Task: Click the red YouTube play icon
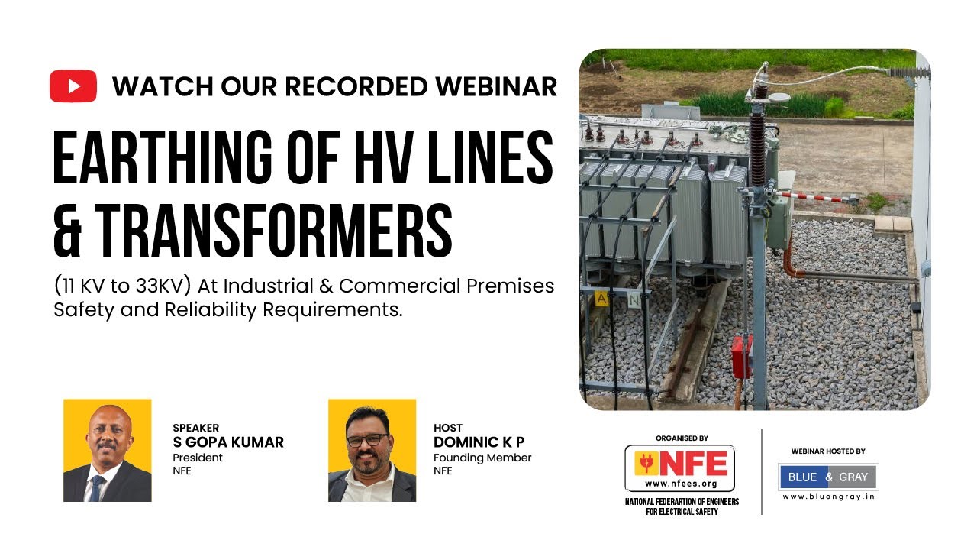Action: tap(73, 86)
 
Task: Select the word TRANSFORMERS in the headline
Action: tap(276, 228)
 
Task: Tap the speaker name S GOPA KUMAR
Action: tap(227, 442)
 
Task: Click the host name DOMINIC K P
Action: tap(479, 442)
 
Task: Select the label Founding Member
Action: tap(482, 458)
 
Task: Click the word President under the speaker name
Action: tap(198, 458)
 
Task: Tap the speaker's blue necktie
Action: tap(96, 487)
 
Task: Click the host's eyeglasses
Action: tap(367, 441)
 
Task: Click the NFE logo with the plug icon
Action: tap(679, 467)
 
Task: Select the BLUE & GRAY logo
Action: tap(828, 477)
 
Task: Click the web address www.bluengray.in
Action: tap(828, 497)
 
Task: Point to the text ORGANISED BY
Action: tap(682, 438)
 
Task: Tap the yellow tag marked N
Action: tap(634, 300)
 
